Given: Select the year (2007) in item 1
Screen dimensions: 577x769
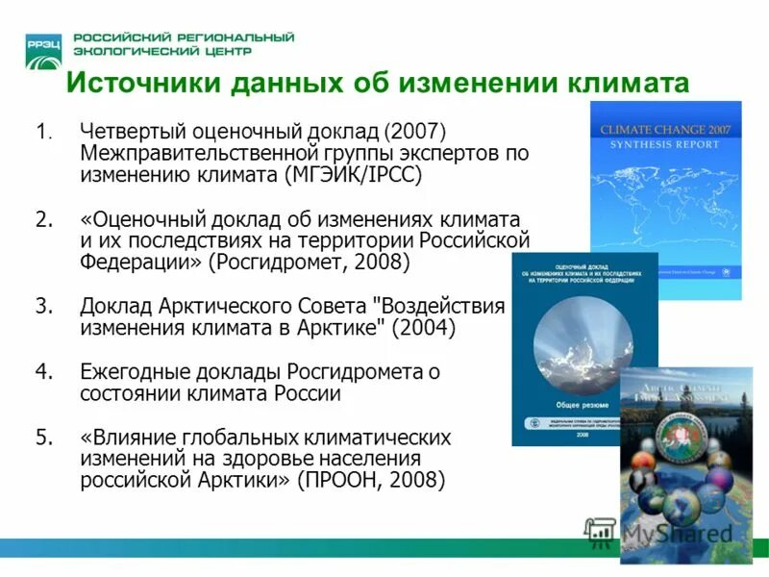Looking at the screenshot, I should tap(416, 131).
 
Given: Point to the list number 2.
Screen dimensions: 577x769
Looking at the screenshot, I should tap(43, 218).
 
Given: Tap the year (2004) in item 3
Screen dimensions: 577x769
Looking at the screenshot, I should tap(424, 329).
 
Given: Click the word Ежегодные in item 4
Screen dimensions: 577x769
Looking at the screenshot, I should tap(136, 372).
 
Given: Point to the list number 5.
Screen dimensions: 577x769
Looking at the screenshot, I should tap(43, 438).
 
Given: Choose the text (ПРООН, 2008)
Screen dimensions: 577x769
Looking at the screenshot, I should tap(371, 481).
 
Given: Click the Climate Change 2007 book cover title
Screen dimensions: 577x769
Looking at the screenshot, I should tap(665, 129).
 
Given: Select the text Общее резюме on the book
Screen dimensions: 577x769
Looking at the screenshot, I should tap(583, 405).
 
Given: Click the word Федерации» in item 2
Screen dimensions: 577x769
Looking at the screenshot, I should tap(132, 263).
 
